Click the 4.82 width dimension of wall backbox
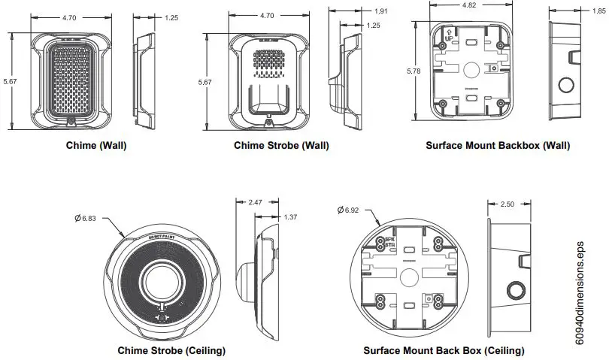pyautogui.click(x=469, y=5)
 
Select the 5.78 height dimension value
pyautogui.click(x=413, y=71)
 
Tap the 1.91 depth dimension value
pyautogui.click(x=381, y=11)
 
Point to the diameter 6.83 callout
pyautogui.click(x=87, y=218)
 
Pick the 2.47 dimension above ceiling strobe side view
pyautogui.click(x=254, y=203)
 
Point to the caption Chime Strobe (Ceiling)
pyautogui.click(x=171, y=350)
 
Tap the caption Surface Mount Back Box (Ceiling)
pyautogui.click(x=444, y=350)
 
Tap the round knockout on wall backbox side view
pyautogui.click(x=566, y=82)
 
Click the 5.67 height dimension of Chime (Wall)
pyautogui.click(x=8, y=81)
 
